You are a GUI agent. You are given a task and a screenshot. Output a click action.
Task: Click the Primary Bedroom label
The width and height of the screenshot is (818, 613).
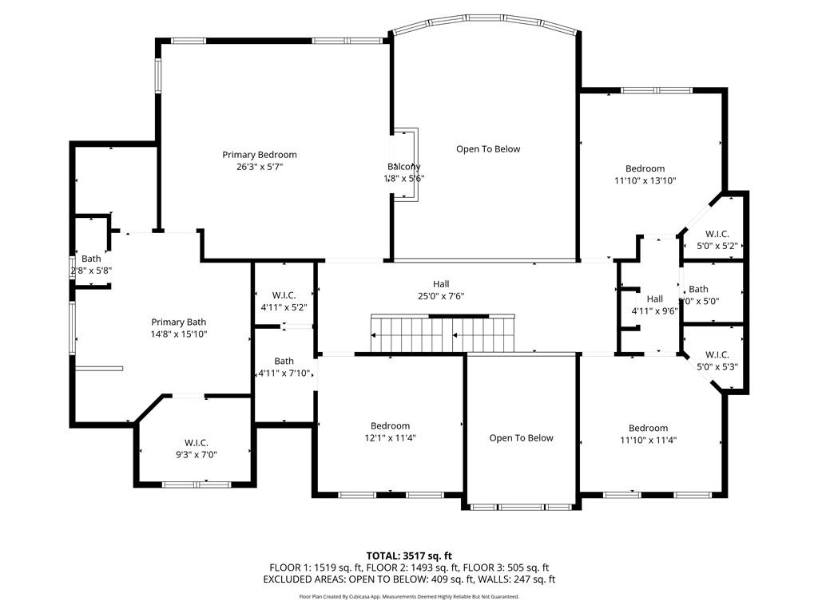pyautogui.click(x=260, y=155)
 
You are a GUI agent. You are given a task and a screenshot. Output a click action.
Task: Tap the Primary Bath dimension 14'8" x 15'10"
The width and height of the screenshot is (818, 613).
pyautogui.click(x=180, y=334)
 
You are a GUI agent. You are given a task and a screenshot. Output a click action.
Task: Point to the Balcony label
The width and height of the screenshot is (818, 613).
pyautogui.click(x=404, y=166)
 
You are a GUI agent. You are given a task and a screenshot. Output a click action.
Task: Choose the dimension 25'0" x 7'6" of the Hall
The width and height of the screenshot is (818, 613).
pyautogui.click(x=441, y=296)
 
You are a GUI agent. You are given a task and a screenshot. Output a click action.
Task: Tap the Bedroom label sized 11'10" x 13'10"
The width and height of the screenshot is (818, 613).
pyautogui.click(x=645, y=168)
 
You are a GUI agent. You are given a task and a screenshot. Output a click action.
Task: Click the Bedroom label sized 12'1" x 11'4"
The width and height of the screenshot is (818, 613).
pyautogui.click(x=390, y=425)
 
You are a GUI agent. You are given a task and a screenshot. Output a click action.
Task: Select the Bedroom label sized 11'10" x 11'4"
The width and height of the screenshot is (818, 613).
pyautogui.click(x=648, y=428)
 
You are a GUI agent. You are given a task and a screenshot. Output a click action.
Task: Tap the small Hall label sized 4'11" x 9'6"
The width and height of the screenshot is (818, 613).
pyautogui.click(x=655, y=299)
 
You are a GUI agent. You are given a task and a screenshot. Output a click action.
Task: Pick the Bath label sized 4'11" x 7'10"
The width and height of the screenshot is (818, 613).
pyautogui.click(x=284, y=362)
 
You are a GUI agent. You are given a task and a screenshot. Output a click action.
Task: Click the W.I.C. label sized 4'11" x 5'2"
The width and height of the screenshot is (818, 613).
pyautogui.click(x=284, y=295)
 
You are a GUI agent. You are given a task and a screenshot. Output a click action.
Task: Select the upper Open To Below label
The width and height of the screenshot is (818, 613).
pyautogui.click(x=488, y=149)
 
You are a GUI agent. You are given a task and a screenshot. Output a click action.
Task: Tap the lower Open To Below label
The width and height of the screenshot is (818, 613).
pyautogui.click(x=521, y=437)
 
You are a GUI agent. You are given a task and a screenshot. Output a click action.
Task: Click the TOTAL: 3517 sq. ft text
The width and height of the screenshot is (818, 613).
pyautogui.click(x=409, y=556)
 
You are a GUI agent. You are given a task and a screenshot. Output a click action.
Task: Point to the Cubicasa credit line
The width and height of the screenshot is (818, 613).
pyautogui.click(x=409, y=596)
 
